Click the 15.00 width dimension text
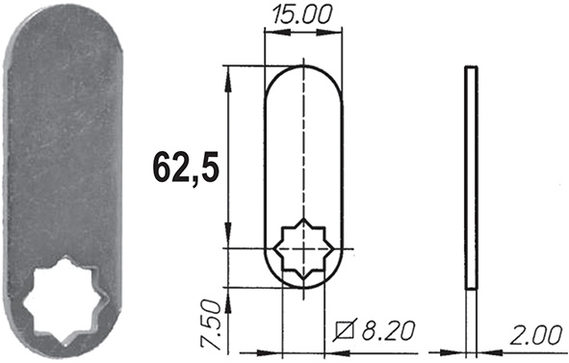(302, 15)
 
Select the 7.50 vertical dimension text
(212, 324)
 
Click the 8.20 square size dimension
(389, 330)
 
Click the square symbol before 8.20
(346, 330)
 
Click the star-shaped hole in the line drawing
(303, 249)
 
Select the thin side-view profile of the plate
(472, 178)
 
